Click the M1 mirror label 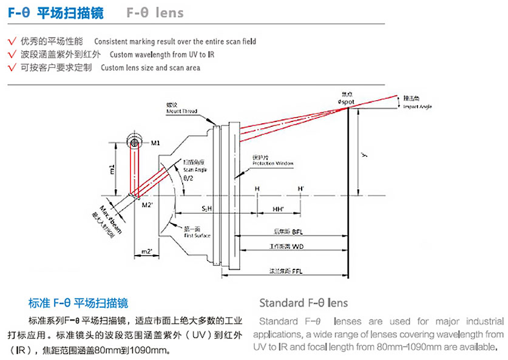155,143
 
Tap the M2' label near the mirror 146,205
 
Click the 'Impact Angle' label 416,106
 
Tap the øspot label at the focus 347,102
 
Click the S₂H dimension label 208,208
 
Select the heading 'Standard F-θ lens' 303,303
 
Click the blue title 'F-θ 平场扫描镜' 55,13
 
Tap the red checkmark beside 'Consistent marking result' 12,41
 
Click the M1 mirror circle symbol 134,141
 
